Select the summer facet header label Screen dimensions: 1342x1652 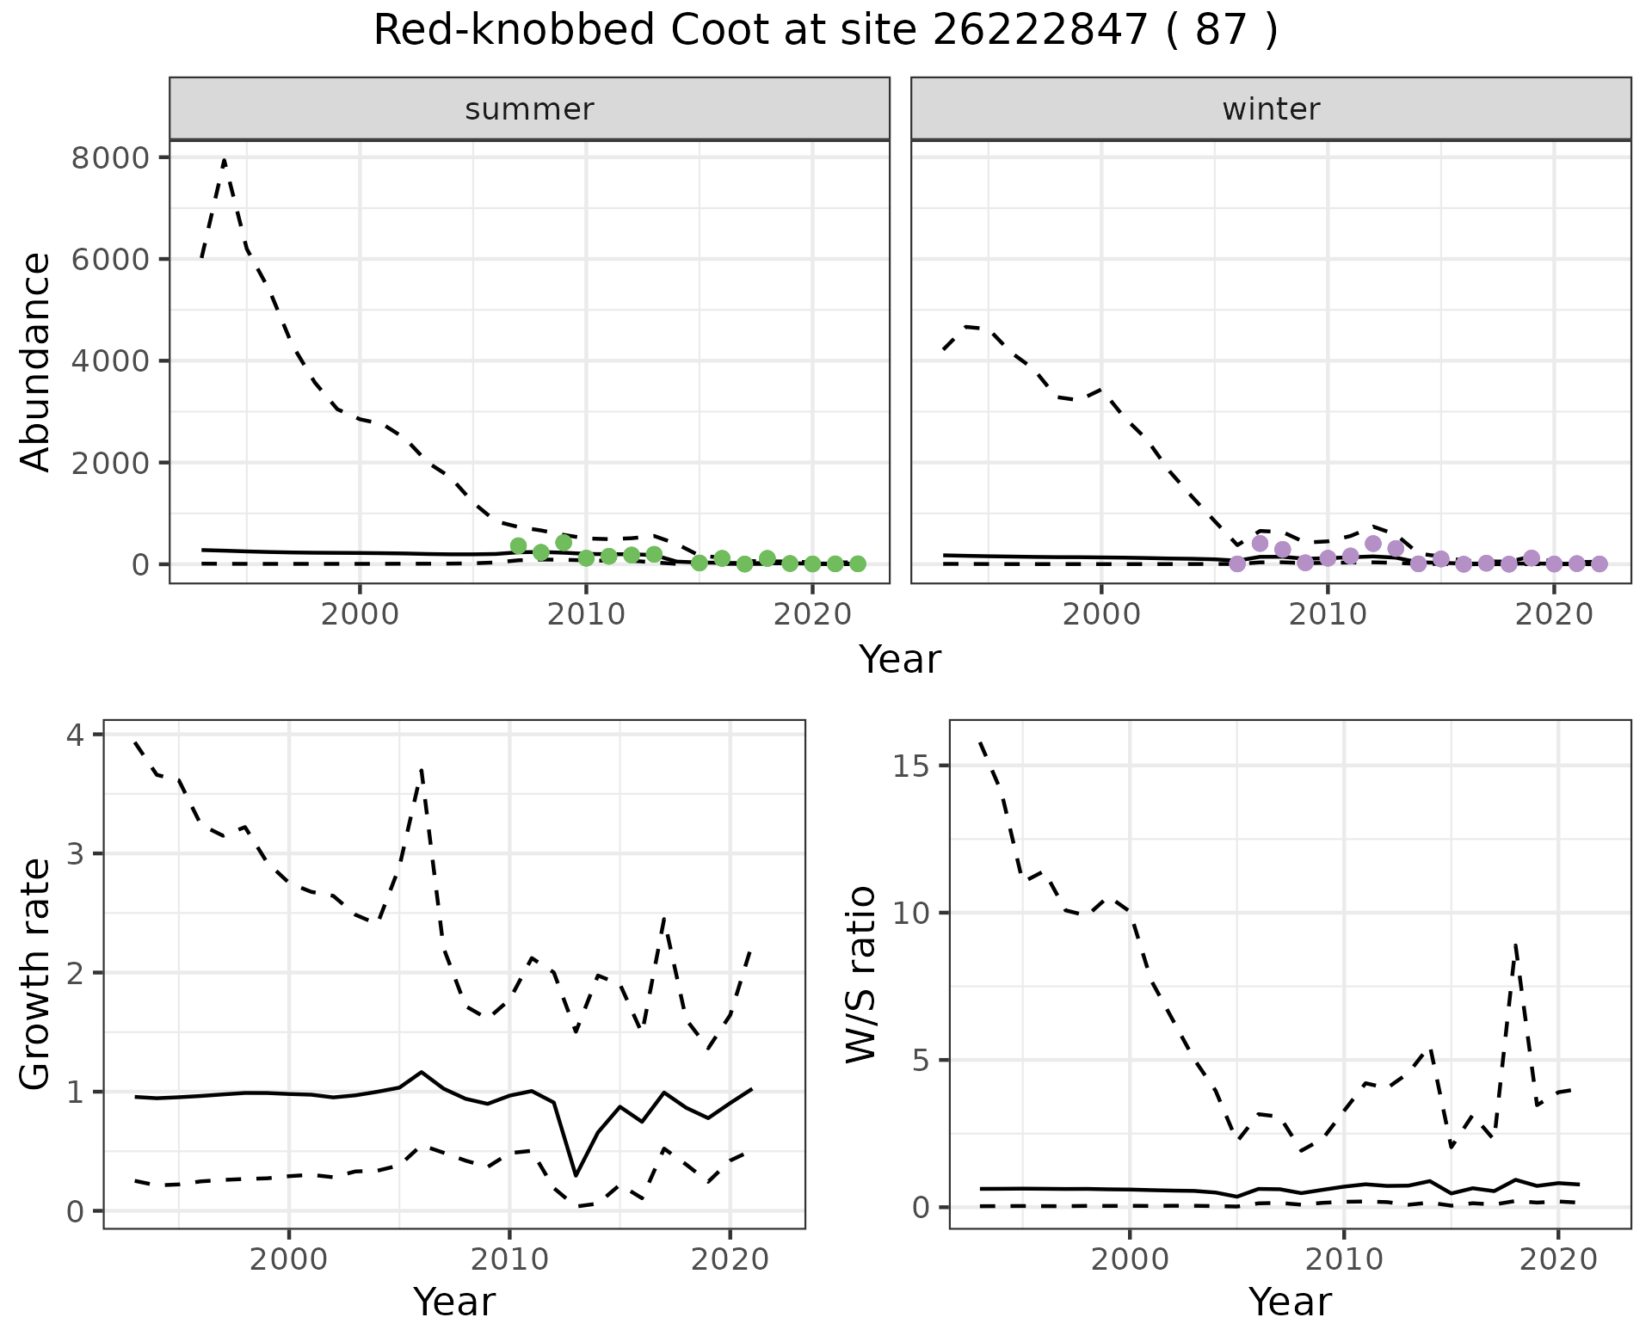(x=529, y=109)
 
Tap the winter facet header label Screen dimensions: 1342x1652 (x=1271, y=109)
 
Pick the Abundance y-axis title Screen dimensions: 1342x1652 (x=36, y=361)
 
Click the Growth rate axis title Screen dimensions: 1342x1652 (x=36, y=974)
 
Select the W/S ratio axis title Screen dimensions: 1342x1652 (x=861, y=974)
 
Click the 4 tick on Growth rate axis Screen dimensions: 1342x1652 (x=77, y=736)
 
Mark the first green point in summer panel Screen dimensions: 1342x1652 (x=518, y=546)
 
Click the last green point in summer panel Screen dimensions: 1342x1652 (x=857, y=563)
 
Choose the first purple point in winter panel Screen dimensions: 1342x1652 (x=1237, y=563)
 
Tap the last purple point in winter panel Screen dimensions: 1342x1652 (x=1599, y=563)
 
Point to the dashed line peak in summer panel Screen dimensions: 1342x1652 (x=225, y=160)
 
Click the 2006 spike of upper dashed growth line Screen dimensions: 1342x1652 (x=422, y=771)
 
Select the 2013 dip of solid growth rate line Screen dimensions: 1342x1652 (x=576, y=1174)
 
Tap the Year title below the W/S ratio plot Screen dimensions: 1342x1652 (x=1290, y=1302)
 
